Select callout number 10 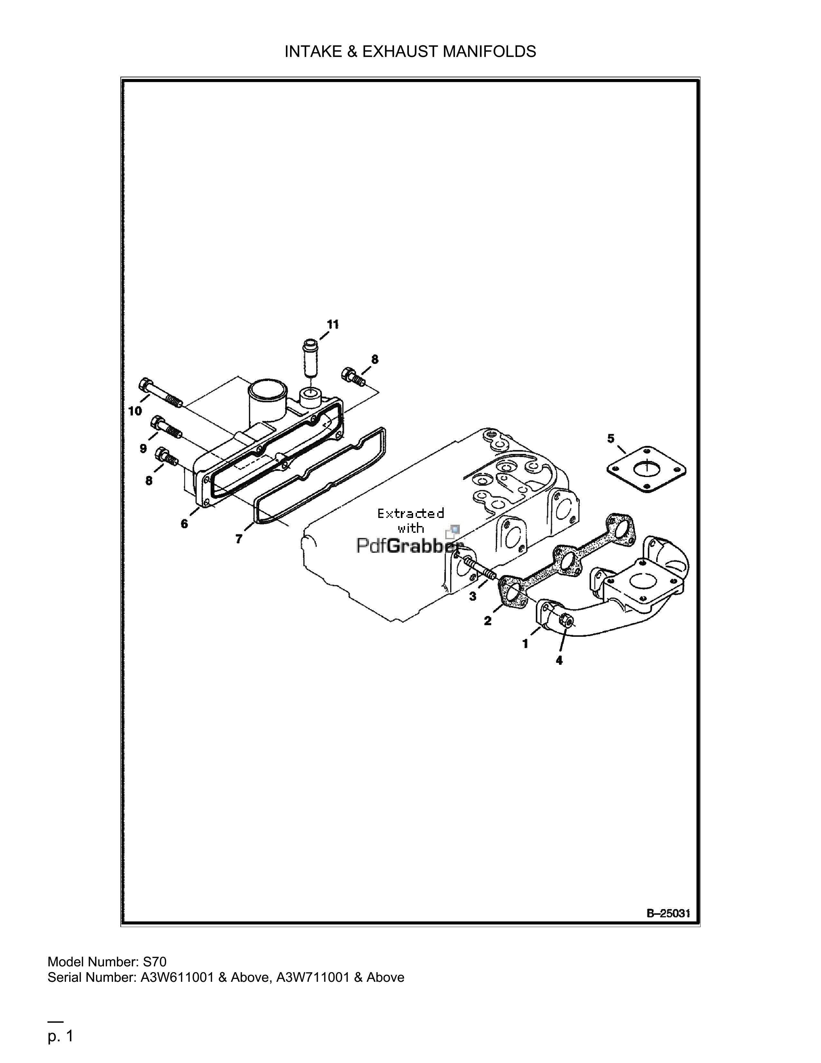(x=135, y=411)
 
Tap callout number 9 (x=143, y=448)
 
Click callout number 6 (x=184, y=524)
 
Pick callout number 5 (x=611, y=438)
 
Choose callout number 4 (x=559, y=660)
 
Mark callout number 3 (x=473, y=596)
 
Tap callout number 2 (x=487, y=621)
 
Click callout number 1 (x=525, y=644)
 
